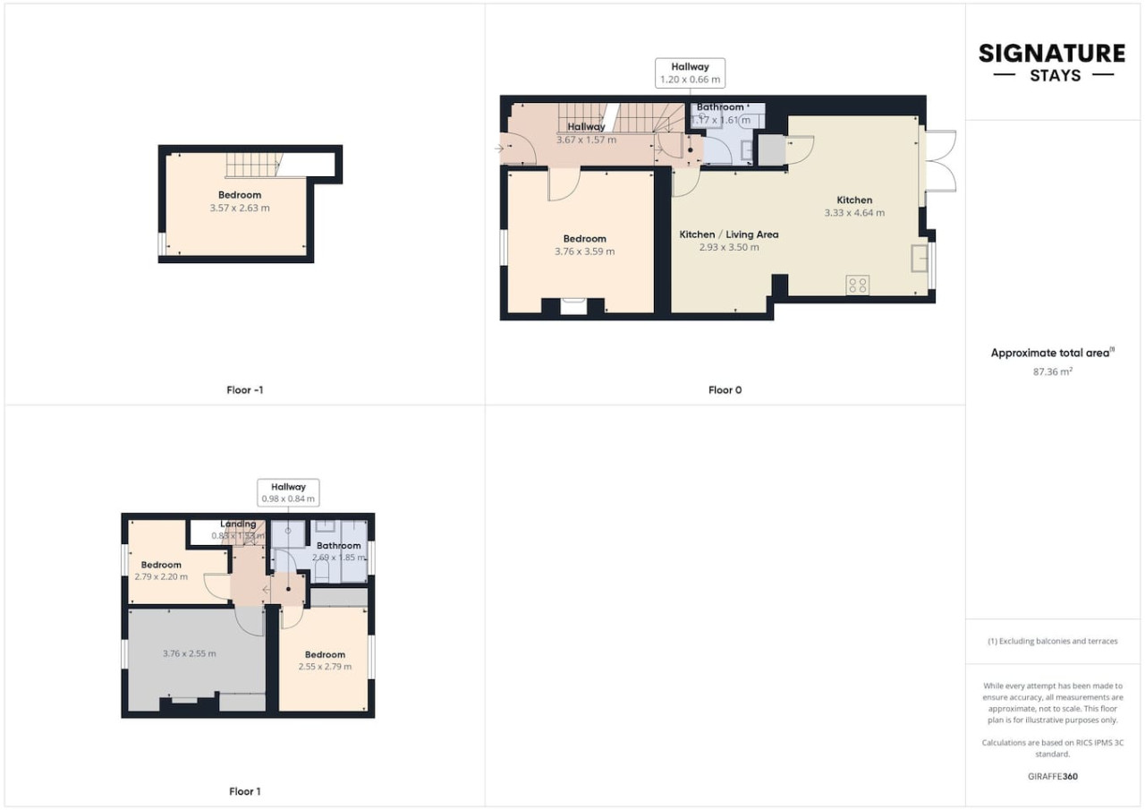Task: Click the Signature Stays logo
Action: coord(1052,62)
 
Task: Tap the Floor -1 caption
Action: coord(245,390)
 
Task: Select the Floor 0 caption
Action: coord(725,390)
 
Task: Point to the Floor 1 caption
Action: coord(245,791)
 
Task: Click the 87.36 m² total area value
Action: coord(1052,370)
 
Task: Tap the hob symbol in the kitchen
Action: coord(857,286)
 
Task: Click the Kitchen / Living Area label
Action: coord(728,234)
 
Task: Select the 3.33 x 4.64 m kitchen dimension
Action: coord(854,213)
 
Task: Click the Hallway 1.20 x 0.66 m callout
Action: coord(690,73)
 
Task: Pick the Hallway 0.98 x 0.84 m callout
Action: coord(288,493)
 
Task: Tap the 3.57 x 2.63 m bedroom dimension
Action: coord(240,208)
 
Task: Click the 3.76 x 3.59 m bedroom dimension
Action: coord(584,252)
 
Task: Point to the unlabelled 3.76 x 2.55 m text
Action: coord(190,653)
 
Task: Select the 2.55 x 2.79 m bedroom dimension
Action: coord(325,667)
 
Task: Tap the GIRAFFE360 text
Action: coord(1052,776)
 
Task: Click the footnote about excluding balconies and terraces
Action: coord(1052,641)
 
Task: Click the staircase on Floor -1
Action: coord(253,165)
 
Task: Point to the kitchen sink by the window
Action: coord(920,258)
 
